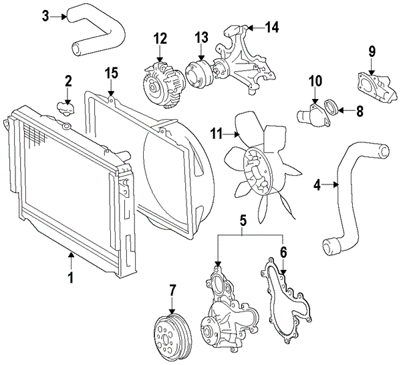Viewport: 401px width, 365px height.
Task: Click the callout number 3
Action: (45, 16)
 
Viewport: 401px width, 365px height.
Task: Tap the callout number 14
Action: (271, 27)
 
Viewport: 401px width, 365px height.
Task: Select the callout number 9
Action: (372, 51)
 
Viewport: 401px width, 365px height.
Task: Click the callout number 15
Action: (111, 73)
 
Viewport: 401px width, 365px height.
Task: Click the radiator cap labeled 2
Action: (65, 109)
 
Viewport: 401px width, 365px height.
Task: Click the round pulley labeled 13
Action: (198, 74)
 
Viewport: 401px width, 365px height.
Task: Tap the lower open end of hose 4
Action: (330, 246)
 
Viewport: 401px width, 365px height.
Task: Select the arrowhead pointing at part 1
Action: (72, 255)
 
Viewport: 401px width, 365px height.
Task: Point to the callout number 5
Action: (243, 221)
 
